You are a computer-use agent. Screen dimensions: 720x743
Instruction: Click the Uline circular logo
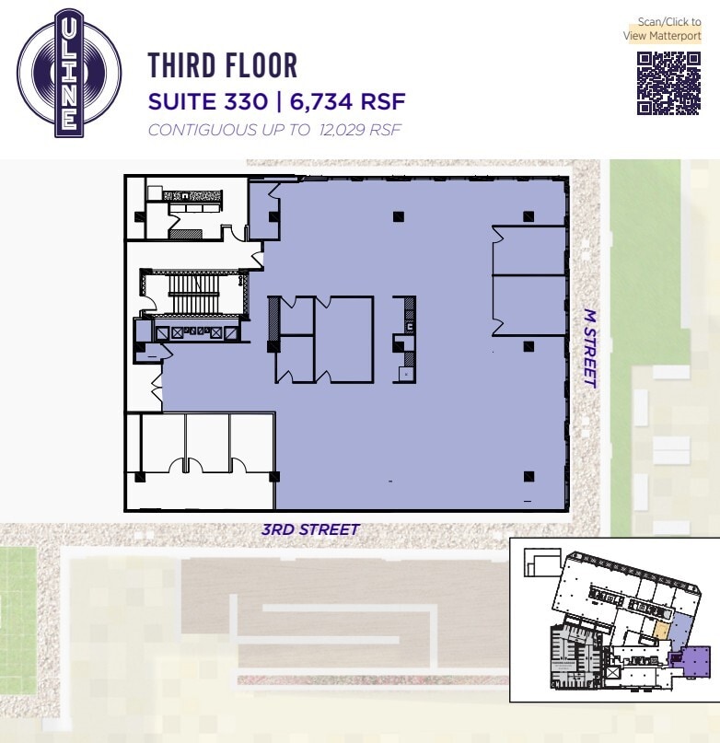click(x=69, y=74)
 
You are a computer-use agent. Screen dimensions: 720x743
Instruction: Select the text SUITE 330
click(x=208, y=101)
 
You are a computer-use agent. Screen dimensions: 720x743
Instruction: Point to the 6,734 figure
click(x=321, y=102)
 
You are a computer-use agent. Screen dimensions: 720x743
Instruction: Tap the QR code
click(x=668, y=84)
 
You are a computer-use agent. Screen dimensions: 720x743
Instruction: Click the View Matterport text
click(x=662, y=36)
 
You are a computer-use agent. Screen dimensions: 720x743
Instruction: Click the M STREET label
click(x=590, y=349)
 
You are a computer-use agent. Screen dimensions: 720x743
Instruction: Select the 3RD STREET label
click(x=310, y=529)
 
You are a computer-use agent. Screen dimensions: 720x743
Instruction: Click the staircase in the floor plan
click(x=194, y=293)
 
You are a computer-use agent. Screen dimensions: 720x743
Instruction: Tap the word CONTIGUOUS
click(x=203, y=130)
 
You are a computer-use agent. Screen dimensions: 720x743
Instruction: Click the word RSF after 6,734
click(x=383, y=102)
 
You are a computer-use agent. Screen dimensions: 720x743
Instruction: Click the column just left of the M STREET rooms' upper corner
click(x=528, y=216)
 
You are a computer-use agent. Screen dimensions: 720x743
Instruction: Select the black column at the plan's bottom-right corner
click(x=529, y=476)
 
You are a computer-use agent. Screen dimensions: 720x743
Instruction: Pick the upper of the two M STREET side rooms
click(x=528, y=250)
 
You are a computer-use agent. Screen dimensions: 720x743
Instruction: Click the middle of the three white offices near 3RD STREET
click(x=207, y=443)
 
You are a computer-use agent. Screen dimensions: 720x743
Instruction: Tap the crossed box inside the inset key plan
click(x=613, y=672)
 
